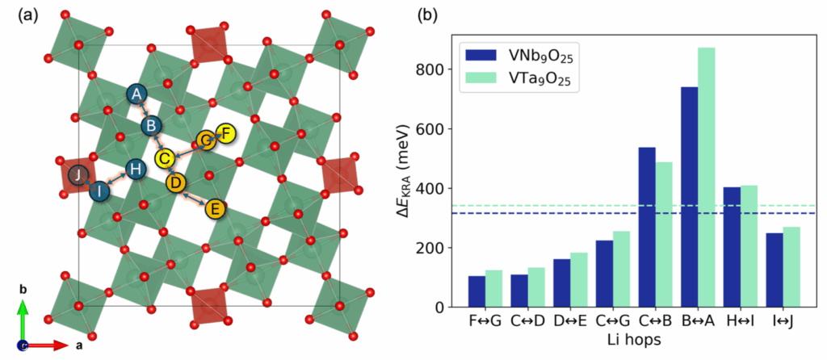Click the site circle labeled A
point(136,95)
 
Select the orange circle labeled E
point(215,210)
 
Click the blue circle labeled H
point(136,170)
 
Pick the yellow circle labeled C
point(165,157)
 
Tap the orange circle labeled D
point(176,183)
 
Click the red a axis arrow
point(46,345)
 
